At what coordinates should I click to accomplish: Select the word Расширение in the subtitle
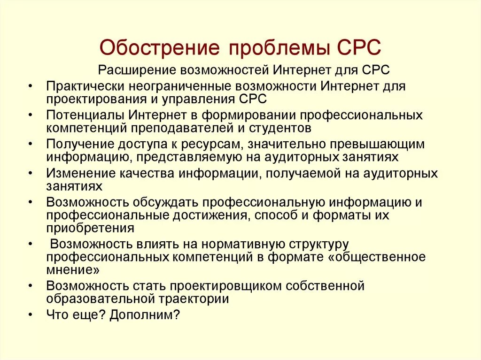tap(136, 70)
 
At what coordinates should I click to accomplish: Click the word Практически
tap(83, 86)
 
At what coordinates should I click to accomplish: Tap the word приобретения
tap(91, 228)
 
